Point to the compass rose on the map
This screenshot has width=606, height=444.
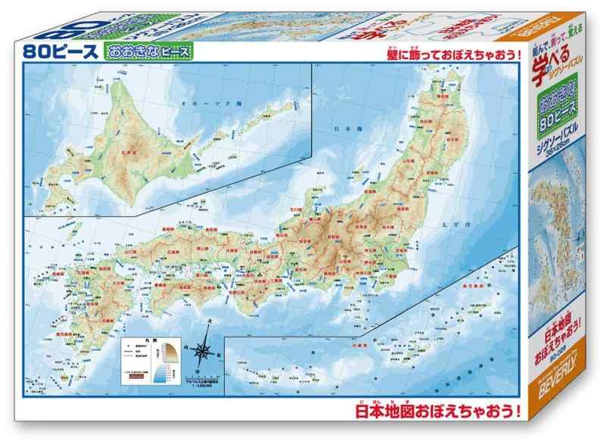click(204, 350)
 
